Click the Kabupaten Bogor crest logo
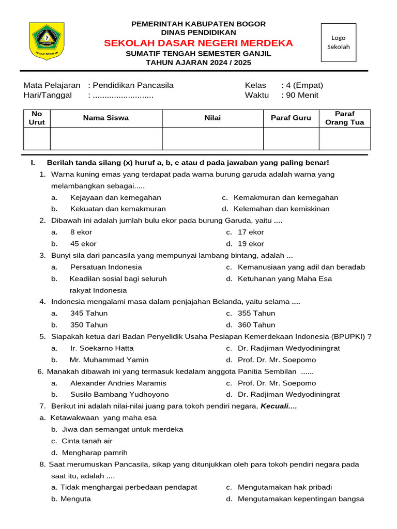coord(47,41)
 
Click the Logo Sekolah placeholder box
coord(339,42)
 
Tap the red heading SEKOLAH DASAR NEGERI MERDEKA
coord(198,43)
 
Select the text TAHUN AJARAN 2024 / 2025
coord(198,63)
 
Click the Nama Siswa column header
coord(106,118)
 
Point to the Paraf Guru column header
coord(291,118)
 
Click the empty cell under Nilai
coord(212,139)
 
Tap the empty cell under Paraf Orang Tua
coord(344,139)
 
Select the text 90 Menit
coord(304,95)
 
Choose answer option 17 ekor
coord(251,232)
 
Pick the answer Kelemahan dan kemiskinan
coord(281,209)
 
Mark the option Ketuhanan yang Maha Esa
coord(285,279)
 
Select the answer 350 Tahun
coord(89,325)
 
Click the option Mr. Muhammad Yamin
coord(109,360)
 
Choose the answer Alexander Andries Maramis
coord(118,383)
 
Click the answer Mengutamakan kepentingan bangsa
coord(301,499)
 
